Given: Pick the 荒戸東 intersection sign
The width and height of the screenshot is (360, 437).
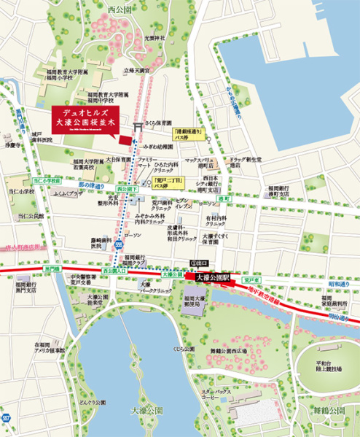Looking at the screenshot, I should point(251,277).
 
